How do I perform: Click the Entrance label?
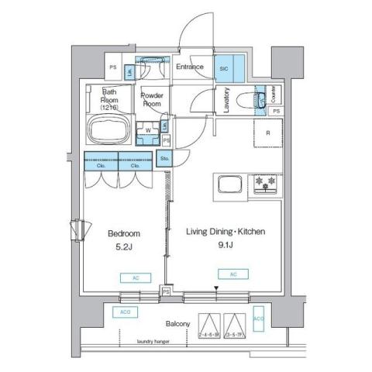[x=189, y=67]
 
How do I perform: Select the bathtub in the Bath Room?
[x=108, y=129]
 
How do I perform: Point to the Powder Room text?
[x=152, y=98]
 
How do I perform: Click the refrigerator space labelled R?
[x=267, y=133]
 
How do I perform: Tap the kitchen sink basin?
[x=230, y=185]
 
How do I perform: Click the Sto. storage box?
[x=164, y=158]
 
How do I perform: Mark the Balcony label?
[x=177, y=324]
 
